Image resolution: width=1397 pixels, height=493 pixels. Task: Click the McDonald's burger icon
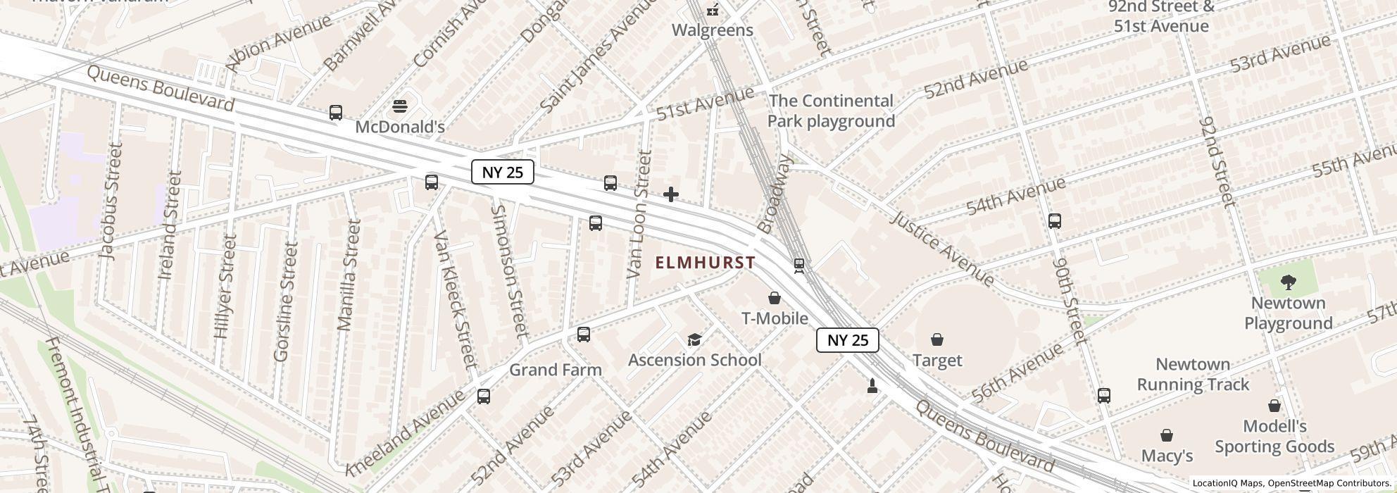pyautogui.click(x=401, y=106)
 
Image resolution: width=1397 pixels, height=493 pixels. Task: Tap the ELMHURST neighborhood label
pyautogui.click(x=705, y=263)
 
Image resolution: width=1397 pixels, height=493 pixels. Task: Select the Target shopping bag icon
pyautogui.click(x=937, y=340)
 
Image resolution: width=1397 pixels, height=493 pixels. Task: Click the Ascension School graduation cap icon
pyautogui.click(x=694, y=340)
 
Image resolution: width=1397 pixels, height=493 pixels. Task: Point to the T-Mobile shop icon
pyautogui.click(x=775, y=298)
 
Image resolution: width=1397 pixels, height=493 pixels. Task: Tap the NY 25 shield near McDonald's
pyautogui.click(x=503, y=172)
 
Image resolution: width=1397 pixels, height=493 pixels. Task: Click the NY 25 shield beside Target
pyautogui.click(x=848, y=340)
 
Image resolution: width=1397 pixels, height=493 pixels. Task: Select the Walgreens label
pyautogui.click(x=712, y=30)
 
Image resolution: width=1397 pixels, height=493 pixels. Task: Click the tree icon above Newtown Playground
pyautogui.click(x=1289, y=283)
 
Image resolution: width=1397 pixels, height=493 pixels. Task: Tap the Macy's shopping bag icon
pyautogui.click(x=1167, y=435)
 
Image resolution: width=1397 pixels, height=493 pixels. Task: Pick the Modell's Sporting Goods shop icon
pyautogui.click(x=1274, y=406)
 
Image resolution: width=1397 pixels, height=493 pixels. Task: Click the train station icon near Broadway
pyautogui.click(x=798, y=266)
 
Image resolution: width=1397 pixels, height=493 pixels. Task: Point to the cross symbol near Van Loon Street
pyautogui.click(x=671, y=194)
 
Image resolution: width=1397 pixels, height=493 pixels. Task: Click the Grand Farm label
pyautogui.click(x=555, y=370)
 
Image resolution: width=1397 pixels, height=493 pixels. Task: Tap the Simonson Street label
pyautogui.click(x=508, y=270)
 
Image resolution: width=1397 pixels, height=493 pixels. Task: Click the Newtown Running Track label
pyautogui.click(x=1193, y=375)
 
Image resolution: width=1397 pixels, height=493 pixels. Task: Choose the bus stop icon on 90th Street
pyautogui.click(x=1054, y=221)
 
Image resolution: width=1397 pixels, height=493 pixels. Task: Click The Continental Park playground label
pyautogui.click(x=831, y=111)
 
